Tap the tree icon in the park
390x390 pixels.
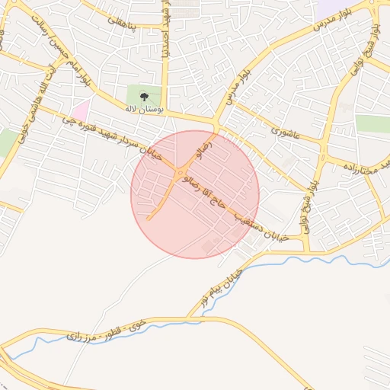click(144, 95)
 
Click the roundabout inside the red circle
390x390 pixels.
click(180, 174)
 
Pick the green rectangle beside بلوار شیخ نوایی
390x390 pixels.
click(372, 124)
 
